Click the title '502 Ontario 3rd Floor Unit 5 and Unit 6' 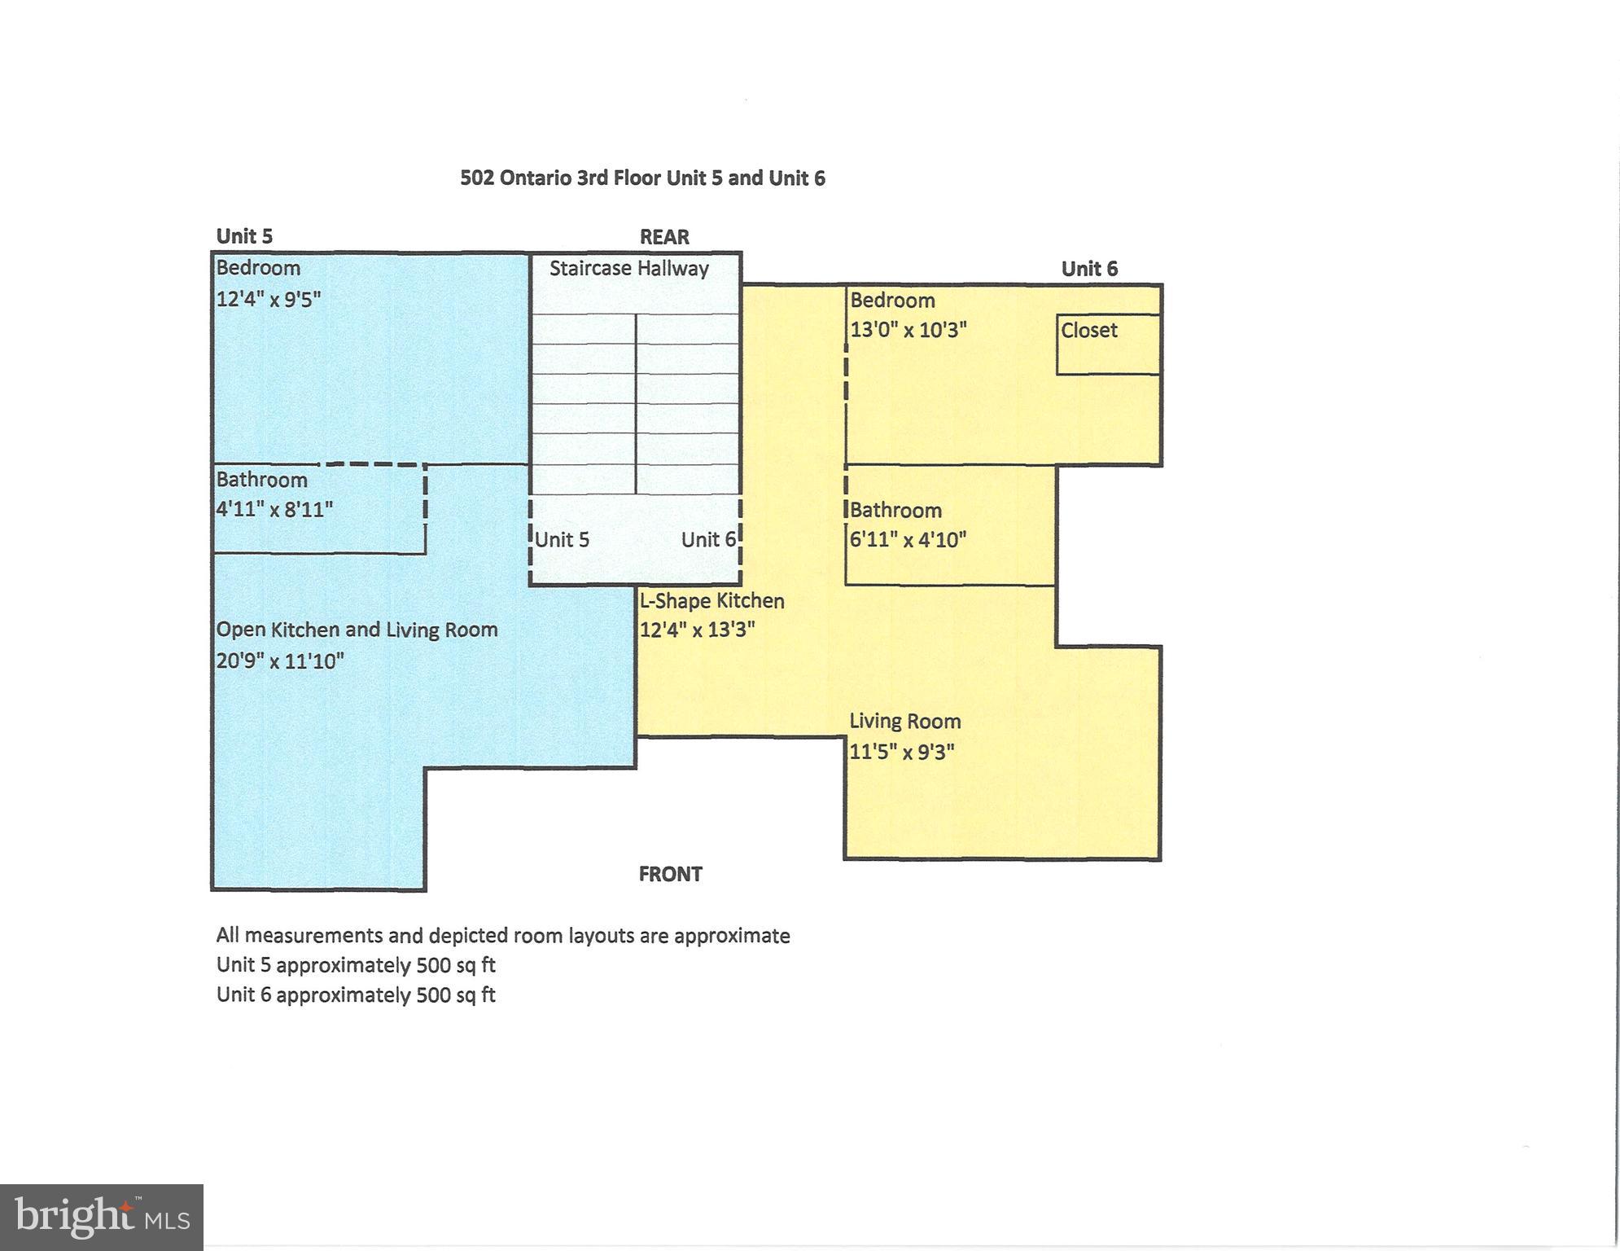click(642, 178)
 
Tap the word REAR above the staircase click(664, 237)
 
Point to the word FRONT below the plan click(670, 874)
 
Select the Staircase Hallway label click(628, 269)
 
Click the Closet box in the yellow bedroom click(1109, 345)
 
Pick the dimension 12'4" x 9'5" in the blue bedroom click(268, 299)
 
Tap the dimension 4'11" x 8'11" click(274, 510)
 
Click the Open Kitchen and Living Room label click(357, 630)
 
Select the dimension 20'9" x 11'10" click(280, 661)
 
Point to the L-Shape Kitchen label click(711, 601)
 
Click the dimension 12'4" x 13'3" click(697, 630)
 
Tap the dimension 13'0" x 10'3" click(909, 330)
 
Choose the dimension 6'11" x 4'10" click(908, 539)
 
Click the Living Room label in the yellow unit click(905, 722)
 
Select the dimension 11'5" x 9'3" click(902, 751)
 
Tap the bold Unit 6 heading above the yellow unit click(1089, 269)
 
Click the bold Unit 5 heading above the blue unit click(244, 236)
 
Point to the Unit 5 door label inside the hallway click(562, 539)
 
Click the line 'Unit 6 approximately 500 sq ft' click(356, 994)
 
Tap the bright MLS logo click(102, 1218)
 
